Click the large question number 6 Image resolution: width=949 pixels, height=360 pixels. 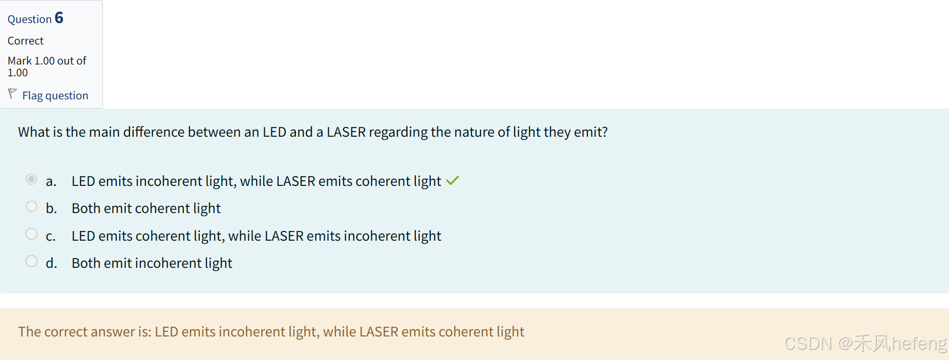coord(59,18)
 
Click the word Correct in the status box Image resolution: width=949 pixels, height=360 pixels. coord(26,41)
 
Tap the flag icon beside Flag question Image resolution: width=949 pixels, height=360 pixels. coord(12,94)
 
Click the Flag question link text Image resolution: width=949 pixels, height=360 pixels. coord(55,96)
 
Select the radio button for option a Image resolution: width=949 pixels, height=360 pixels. coord(32,179)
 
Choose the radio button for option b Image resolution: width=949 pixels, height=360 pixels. coord(32,206)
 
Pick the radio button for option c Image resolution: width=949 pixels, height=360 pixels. coord(32,234)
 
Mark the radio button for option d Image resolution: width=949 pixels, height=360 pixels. coord(32,261)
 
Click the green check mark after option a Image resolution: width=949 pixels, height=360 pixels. coord(452,181)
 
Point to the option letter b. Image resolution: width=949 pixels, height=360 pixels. coord(51,208)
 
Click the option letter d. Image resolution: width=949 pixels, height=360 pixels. coord(51,263)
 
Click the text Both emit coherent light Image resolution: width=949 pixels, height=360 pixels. coord(146,208)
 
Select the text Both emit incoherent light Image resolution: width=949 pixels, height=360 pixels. coord(152,263)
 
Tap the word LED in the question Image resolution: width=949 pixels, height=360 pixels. coord(274,132)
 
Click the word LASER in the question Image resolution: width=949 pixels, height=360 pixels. coord(346,132)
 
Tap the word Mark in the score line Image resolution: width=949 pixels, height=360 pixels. coord(19,61)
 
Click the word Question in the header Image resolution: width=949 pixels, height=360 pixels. coord(30,19)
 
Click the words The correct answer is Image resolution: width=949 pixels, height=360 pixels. coord(85,332)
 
